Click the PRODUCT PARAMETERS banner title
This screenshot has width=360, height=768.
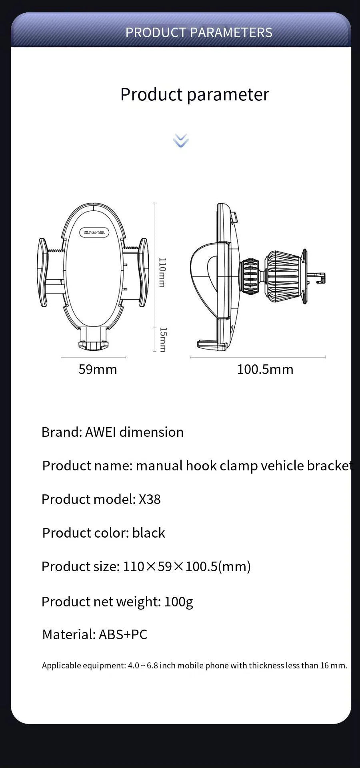click(199, 32)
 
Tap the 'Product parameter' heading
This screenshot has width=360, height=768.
click(195, 95)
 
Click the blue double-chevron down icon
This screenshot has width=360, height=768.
click(181, 140)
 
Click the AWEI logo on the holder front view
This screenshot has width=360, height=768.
click(94, 232)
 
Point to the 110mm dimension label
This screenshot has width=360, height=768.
click(162, 272)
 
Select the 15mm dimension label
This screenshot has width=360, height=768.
click(163, 340)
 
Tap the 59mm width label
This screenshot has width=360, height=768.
click(98, 369)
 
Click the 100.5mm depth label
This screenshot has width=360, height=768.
click(265, 369)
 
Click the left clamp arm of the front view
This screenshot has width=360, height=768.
click(43, 272)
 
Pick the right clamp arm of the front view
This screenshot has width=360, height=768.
click(144, 272)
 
